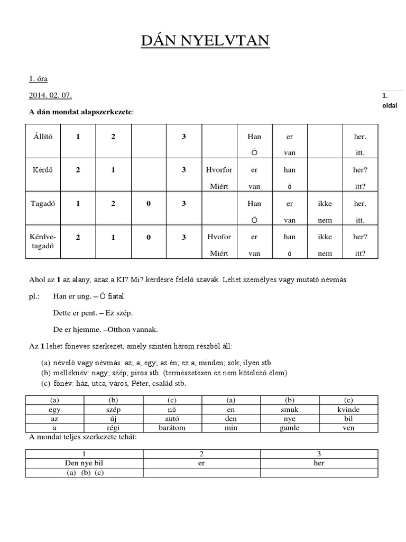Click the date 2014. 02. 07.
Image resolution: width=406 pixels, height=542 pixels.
pos(50,95)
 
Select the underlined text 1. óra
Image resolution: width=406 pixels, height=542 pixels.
pos(38,79)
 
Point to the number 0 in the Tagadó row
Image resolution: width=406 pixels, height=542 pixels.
pos(149,203)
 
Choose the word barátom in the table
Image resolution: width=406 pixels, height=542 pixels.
pos(172,428)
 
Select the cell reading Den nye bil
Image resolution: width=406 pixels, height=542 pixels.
pos(84,463)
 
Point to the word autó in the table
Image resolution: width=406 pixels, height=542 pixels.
pos(172,419)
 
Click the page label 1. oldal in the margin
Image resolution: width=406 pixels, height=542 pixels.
pos(389,100)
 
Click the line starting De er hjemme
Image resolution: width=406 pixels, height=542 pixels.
pos(105,329)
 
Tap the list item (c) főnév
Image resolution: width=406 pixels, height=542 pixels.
pos(121,383)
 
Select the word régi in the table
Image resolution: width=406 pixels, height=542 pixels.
pos(113,428)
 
